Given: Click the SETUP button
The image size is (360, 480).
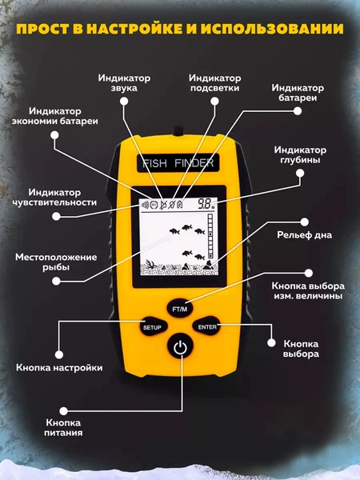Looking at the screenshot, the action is click(152, 327).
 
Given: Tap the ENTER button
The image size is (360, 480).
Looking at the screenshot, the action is click(207, 326).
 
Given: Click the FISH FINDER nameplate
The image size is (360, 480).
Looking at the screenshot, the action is click(178, 163).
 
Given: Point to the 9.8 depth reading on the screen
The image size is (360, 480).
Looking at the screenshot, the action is click(204, 204).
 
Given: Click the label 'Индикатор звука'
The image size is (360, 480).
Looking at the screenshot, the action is click(124, 83).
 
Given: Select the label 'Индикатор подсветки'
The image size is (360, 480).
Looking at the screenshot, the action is click(214, 83).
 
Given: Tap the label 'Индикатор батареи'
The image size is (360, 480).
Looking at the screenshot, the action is click(298, 93).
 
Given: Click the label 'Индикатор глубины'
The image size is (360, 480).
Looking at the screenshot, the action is click(300, 155).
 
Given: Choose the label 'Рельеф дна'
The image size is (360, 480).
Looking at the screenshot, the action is click(304, 235).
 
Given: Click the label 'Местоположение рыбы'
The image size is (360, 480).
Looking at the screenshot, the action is click(56, 262).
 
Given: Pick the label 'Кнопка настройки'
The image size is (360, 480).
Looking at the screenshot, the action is click(59, 367).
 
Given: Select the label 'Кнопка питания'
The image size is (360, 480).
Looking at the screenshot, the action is click(63, 428).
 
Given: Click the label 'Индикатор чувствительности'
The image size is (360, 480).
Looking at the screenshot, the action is click(54, 197).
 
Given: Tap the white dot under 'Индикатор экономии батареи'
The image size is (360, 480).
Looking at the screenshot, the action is click(54, 135).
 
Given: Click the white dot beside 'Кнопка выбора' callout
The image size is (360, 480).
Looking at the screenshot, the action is click(271, 342).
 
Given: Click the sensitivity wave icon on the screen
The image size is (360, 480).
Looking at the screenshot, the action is click(145, 205).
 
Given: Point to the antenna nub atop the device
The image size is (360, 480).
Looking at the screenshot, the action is click(178, 131).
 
